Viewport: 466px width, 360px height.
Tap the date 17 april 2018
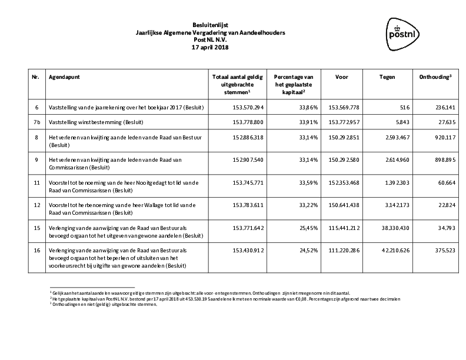[x=209, y=47]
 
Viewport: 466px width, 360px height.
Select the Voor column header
[x=341, y=77]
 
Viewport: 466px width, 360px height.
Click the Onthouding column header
[x=435, y=77]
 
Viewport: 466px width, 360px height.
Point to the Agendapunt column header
[x=65, y=77]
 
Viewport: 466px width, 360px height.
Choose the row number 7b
[x=38, y=122]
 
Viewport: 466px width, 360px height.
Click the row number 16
[x=37, y=250]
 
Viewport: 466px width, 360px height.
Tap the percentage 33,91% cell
[x=293, y=122]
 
